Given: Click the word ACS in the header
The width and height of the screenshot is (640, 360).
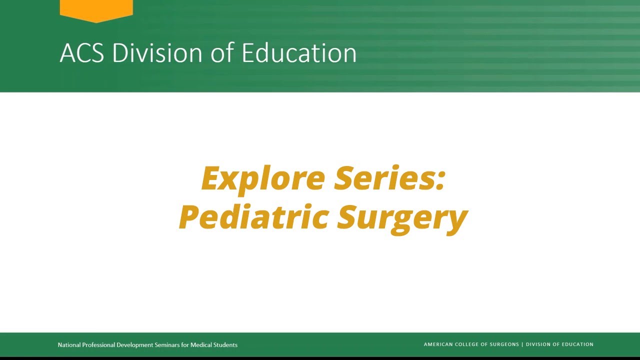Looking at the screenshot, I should pos(81,53).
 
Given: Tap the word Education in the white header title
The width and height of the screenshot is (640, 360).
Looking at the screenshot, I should pos(299,53).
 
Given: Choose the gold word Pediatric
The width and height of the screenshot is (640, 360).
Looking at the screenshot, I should pos(253,217).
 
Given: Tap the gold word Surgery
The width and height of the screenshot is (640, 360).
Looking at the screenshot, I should pos(402,218).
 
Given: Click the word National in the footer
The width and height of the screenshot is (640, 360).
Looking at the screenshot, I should pos(69,345).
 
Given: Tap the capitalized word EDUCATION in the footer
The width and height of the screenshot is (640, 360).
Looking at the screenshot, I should pos(575,344).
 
